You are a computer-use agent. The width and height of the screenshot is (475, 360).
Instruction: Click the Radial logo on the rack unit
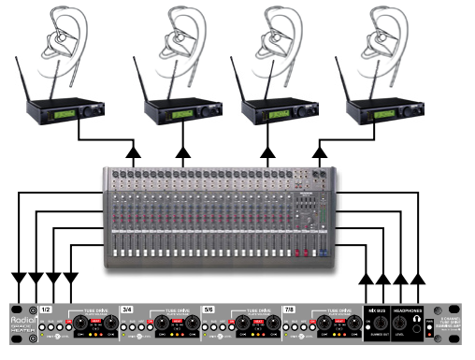[x=21, y=316]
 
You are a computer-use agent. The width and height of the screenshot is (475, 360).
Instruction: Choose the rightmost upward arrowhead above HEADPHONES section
[x=419, y=278]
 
